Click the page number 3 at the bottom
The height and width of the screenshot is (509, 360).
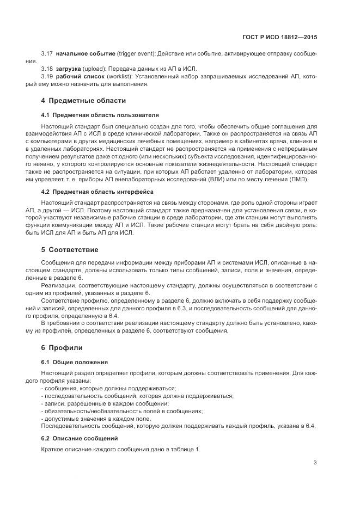click(315, 463)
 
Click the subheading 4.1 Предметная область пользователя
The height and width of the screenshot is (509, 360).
click(100, 115)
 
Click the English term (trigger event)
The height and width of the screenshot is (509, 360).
click(136, 53)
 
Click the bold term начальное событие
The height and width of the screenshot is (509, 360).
click(85, 53)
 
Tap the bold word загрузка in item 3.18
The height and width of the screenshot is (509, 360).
click(68, 69)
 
